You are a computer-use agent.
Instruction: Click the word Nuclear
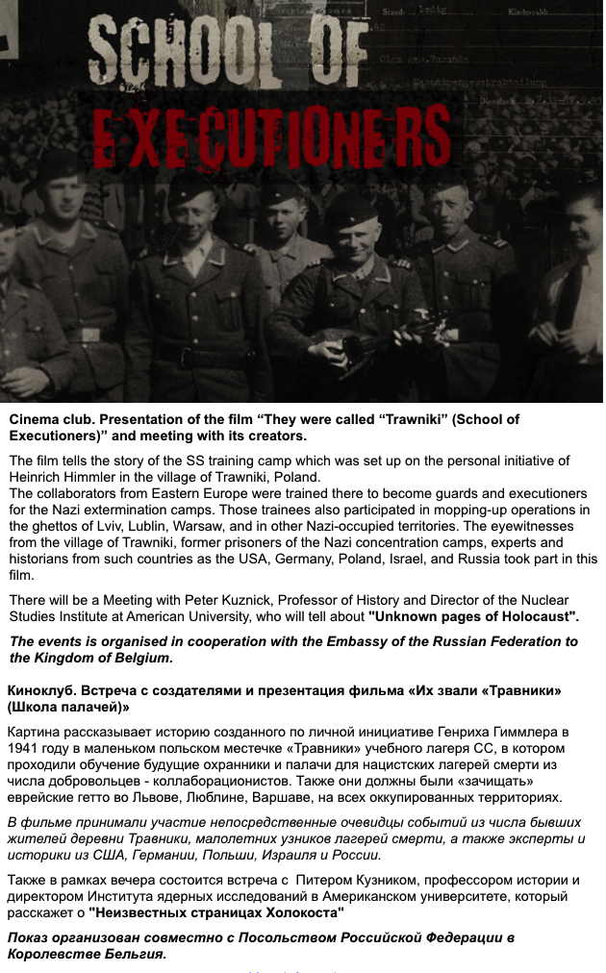[573, 600]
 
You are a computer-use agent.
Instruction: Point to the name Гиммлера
[525, 733]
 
